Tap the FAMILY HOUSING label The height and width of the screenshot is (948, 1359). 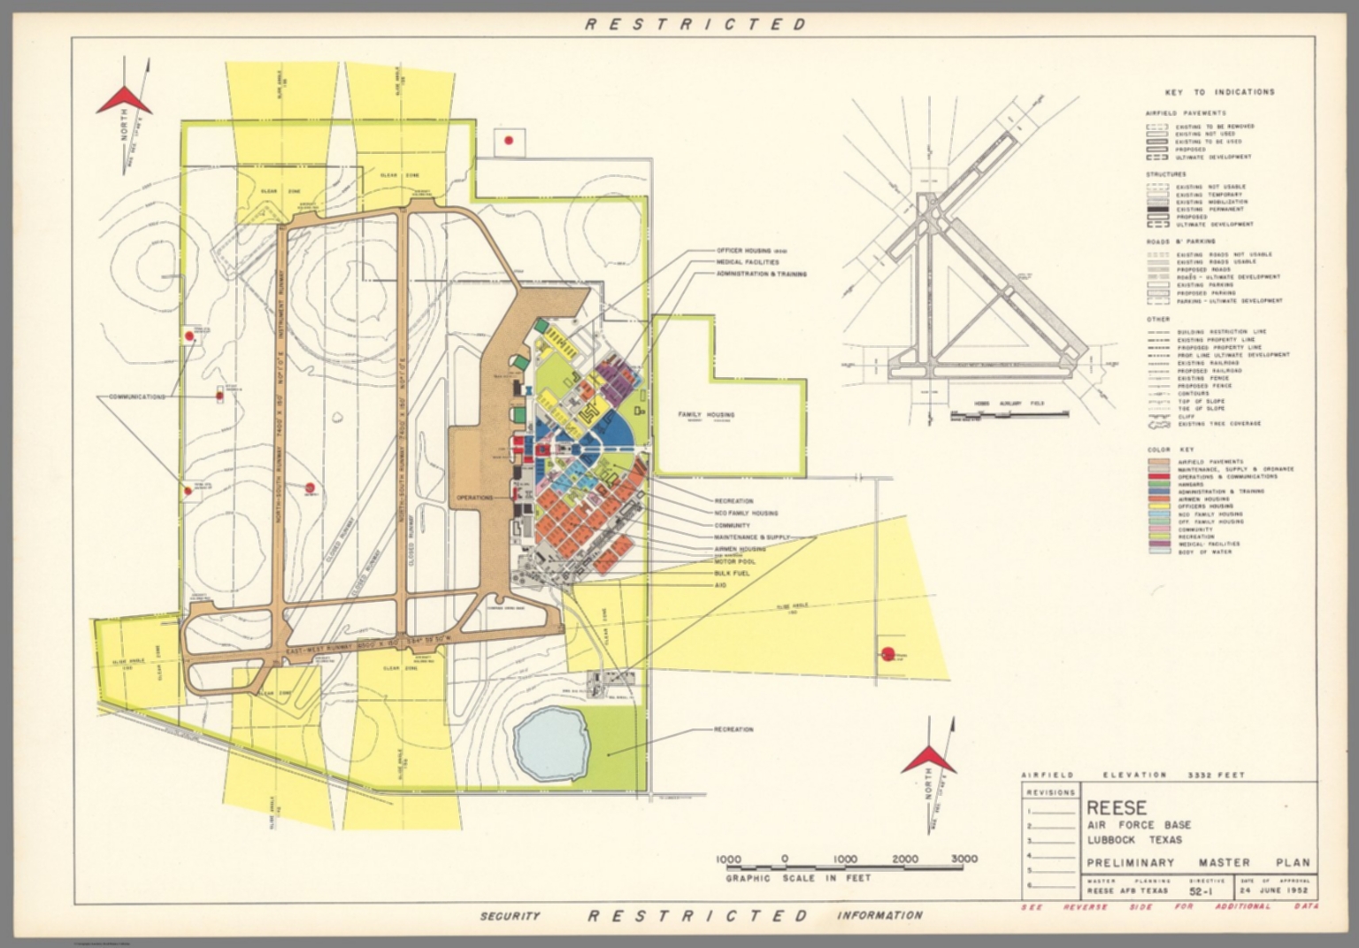[x=705, y=414]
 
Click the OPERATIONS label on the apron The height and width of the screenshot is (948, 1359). [x=474, y=498]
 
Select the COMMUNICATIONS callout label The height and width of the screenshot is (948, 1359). [x=137, y=397]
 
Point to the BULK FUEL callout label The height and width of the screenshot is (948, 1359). [x=733, y=574]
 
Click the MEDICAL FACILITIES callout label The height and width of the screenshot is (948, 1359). [x=748, y=262]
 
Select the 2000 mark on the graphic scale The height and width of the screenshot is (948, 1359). [x=904, y=859]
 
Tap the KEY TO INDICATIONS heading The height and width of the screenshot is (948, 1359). [x=1219, y=92]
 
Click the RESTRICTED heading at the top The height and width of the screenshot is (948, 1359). [x=695, y=24]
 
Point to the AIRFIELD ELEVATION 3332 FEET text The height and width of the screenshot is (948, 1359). [x=1132, y=775]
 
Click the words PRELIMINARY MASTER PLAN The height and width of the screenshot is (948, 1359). [x=1198, y=862]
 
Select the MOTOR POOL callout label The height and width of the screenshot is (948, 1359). [x=734, y=561]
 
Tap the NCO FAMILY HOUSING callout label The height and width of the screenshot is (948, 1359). [x=746, y=513]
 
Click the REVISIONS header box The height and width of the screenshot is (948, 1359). [x=1050, y=792]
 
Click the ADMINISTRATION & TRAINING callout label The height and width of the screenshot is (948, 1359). [x=761, y=274]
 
